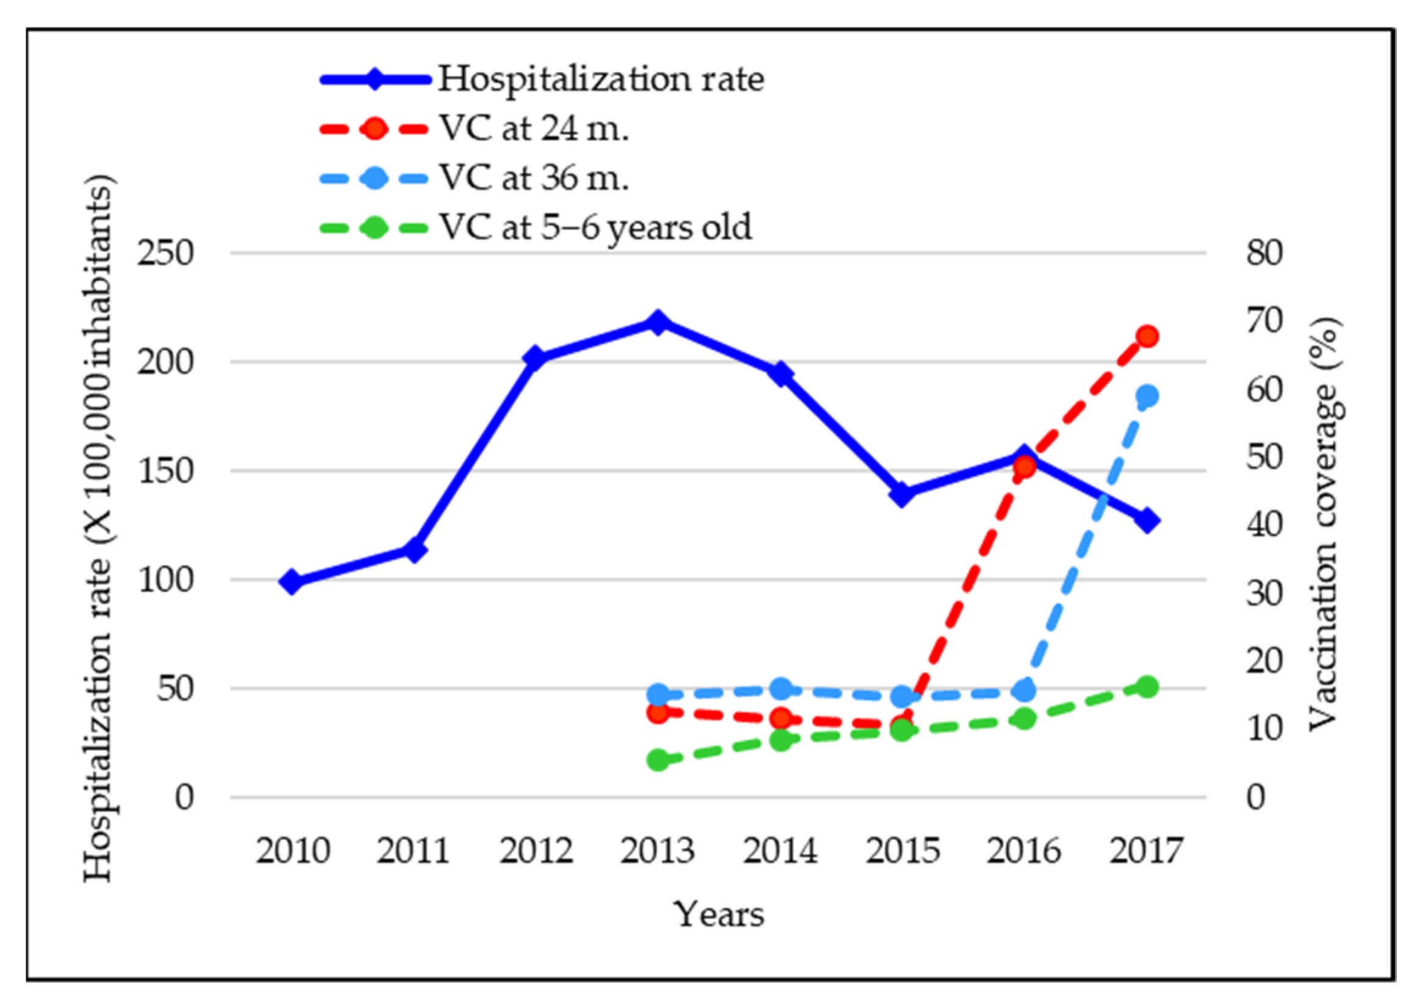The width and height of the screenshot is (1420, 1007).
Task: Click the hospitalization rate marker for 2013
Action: click(658, 323)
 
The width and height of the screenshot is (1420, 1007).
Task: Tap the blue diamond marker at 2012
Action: click(534, 359)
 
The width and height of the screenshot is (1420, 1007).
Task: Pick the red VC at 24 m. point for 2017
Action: click(1147, 337)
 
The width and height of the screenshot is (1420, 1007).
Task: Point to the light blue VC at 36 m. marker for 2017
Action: click(1147, 396)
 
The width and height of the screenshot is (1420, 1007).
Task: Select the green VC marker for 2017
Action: click(1147, 687)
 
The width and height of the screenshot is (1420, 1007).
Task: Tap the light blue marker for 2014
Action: click(781, 689)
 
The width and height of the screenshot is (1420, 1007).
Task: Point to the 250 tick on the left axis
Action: click(165, 253)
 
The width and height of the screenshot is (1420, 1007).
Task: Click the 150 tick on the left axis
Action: click(165, 471)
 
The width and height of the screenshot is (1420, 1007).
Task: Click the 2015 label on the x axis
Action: click(902, 851)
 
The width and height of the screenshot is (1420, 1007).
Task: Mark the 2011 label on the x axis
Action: click(413, 851)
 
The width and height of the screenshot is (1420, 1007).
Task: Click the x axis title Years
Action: click(719, 915)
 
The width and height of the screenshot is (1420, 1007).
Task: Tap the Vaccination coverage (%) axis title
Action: click(1323, 525)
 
